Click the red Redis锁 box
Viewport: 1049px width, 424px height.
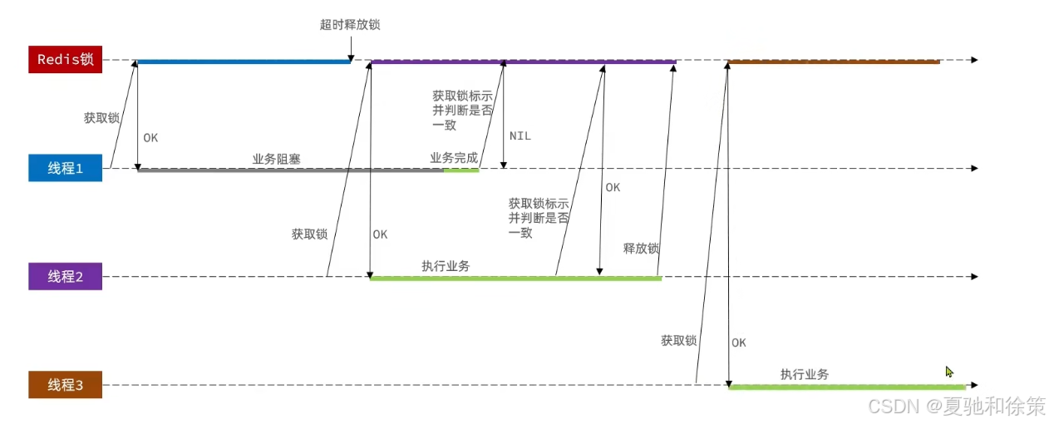[66, 60]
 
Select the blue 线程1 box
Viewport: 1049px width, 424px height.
[66, 168]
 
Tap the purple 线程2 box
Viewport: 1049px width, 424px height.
[66, 277]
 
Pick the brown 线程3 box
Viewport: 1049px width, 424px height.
[66, 385]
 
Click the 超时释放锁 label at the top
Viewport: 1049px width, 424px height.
[350, 25]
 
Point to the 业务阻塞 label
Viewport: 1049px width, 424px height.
[276, 158]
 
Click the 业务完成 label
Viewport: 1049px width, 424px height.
[454, 158]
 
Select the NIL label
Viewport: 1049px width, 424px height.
[520, 136]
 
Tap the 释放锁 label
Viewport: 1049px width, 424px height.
[641, 249]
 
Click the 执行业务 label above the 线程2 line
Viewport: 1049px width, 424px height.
[446, 266]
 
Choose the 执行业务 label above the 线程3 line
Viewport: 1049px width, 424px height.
[804, 374]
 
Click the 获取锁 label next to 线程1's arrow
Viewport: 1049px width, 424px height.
[101, 118]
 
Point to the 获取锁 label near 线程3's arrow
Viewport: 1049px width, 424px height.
[678, 340]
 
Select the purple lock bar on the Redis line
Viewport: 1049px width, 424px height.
[524, 62]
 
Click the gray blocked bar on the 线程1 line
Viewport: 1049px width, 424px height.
[290, 170]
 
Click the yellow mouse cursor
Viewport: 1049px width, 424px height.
[949, 372]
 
